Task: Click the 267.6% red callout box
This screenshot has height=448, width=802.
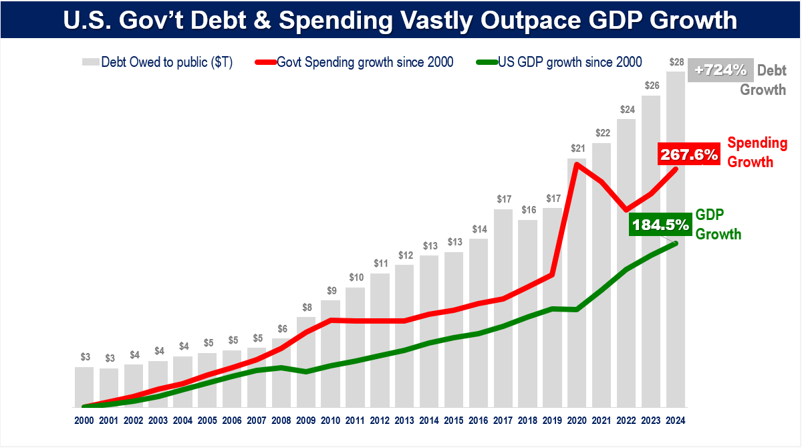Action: (x=688, y=154)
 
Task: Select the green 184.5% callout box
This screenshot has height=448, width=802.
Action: (x=659, y=225)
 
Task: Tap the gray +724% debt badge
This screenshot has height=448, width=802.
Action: (x=720, y=70)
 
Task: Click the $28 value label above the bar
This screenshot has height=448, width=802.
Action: (x=676, y=62)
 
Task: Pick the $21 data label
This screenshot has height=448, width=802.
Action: (x=577, y=148)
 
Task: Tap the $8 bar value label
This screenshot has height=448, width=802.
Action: (x=306, y=308)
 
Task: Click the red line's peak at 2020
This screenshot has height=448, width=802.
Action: (x=577, y=164)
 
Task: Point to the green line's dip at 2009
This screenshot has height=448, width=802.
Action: (x=306, y=371)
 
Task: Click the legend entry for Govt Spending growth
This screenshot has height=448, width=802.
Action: (x=354, y=62)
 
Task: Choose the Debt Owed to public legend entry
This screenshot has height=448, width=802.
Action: (x=157, y=62)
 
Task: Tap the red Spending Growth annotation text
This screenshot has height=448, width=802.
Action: (x=757, y=152)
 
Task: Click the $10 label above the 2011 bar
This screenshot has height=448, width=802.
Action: (x=355, y=277)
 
